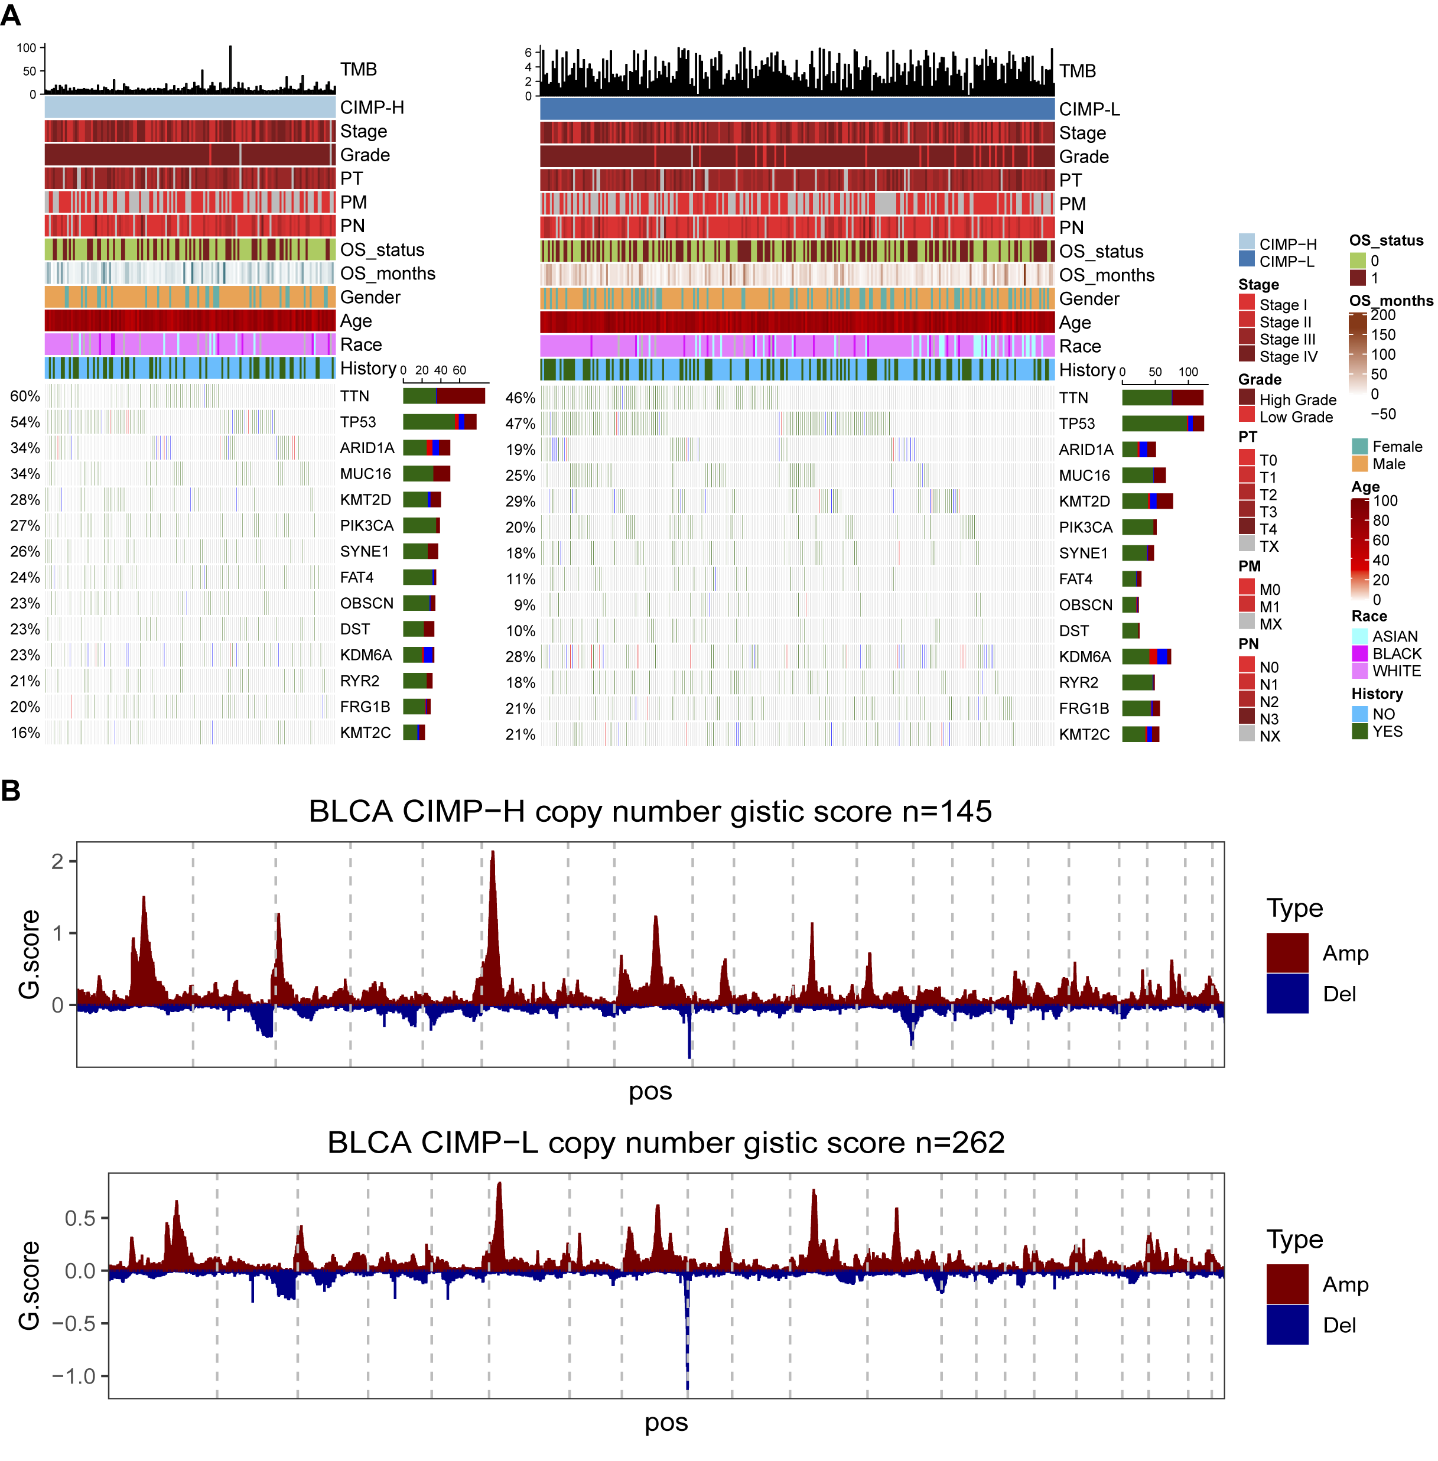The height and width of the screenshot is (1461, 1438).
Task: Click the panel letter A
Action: click(11, 15)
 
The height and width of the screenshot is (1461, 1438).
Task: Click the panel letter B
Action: click(11, 790)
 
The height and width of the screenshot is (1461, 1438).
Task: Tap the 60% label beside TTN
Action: click(25, 396)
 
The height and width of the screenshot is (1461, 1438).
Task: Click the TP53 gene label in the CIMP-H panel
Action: click(357, 422)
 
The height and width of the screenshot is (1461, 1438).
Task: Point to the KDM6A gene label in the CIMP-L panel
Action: click(1085, 657)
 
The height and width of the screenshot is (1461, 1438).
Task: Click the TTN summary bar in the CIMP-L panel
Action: click(1162, 398)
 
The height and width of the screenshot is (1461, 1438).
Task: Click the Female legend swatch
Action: click(1359, 446)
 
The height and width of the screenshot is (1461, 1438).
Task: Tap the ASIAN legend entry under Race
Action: click(1394, 636)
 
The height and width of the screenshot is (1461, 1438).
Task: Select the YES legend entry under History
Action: click(1387, 731)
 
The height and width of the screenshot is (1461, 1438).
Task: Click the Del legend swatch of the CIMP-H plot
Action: click(1287, 994)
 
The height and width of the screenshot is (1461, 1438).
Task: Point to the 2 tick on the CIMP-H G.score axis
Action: click(57, 861)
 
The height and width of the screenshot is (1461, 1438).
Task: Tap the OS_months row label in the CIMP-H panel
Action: click(388, 274)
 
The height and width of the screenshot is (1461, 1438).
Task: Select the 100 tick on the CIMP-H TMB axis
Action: click(27, 48)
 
